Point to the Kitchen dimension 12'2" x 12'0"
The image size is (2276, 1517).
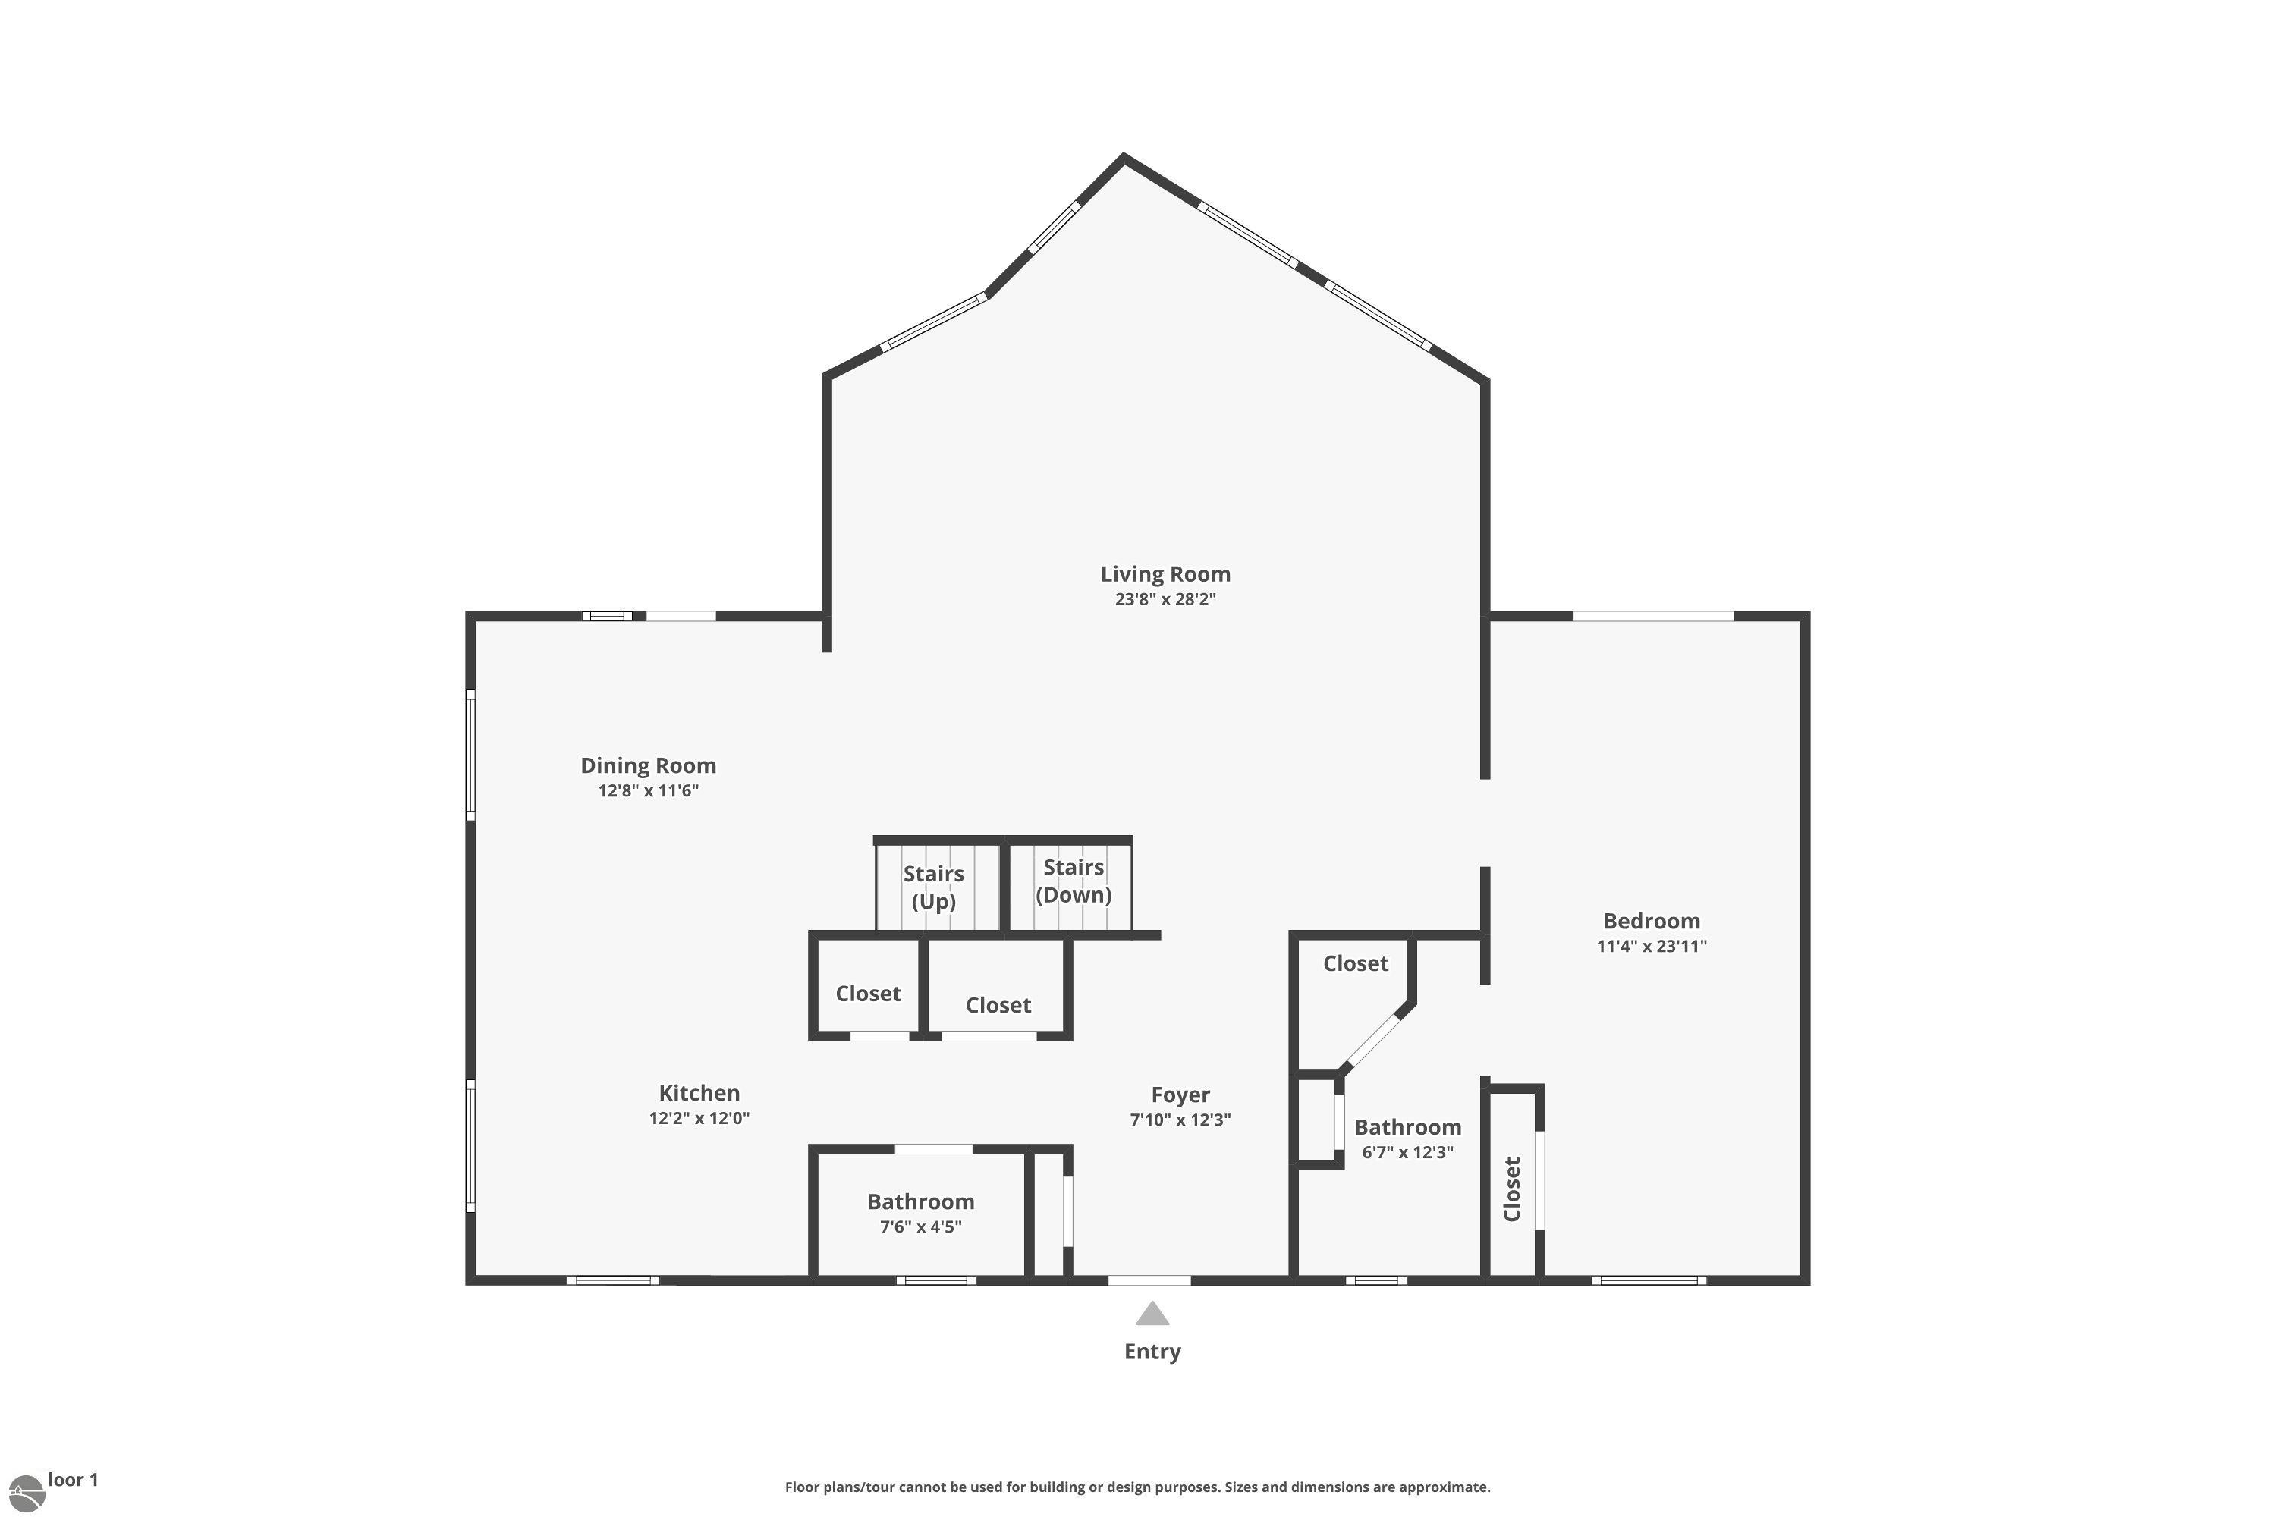click(699, 1118)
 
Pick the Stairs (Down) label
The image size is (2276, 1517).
click(1074, 881)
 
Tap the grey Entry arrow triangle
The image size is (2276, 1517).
click(1152, 1314)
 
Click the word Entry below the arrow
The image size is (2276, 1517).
click(1152, 1352)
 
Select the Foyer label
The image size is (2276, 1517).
click(1180, 1095)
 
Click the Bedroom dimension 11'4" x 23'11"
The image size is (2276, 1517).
click(1651, 946)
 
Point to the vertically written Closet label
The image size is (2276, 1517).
click(1511, 1189)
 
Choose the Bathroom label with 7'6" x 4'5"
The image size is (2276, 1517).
click(920, 1201)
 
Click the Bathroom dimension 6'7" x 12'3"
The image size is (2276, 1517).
click(1407, 1152)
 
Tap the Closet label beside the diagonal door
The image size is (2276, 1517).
click(1355, 963)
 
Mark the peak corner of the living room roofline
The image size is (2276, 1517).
click(1124, 157)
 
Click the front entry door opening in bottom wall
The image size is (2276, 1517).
click(1149, 1280)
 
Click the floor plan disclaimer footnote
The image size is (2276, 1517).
click(1137, 1487)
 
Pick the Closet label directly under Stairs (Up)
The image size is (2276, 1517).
click(868, 994)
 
